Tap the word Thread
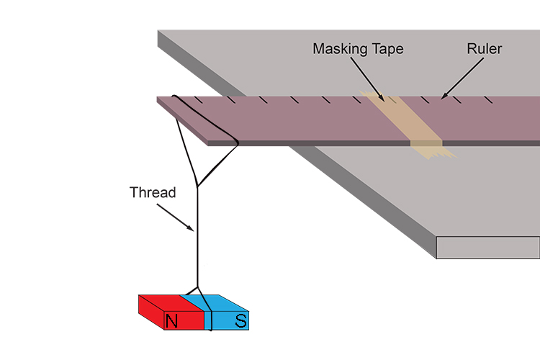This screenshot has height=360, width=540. [152, 193]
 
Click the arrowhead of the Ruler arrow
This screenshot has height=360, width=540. [442, 96]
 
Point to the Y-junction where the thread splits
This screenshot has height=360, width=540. [197, 186]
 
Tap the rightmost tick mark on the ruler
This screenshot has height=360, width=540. [490, 98]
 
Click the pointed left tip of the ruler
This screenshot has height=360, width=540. [159, 99]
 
